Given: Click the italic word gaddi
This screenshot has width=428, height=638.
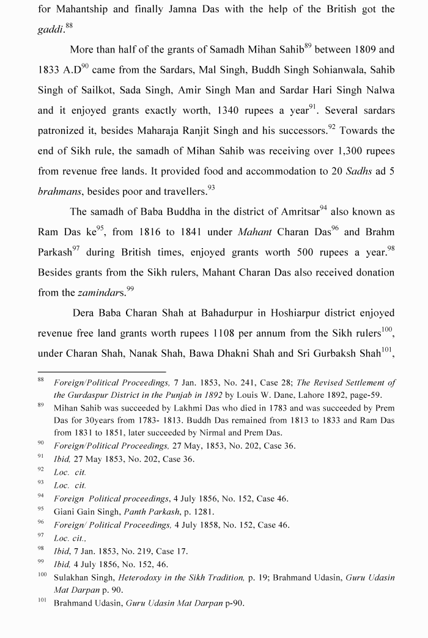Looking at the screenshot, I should click(x=50, y=30).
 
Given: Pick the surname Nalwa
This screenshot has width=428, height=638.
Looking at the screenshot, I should click(x=380, y=90).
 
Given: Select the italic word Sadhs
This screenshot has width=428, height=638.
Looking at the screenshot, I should click(x=359, y=171).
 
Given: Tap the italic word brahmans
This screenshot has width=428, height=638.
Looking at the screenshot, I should click(x=59, y=191).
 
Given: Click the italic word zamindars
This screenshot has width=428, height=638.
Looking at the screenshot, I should click(x=101, y=293).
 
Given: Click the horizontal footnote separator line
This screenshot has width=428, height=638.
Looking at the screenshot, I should click(x=101, y=371).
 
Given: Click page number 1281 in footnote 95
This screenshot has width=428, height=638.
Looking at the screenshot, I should click(x=201, y=512).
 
